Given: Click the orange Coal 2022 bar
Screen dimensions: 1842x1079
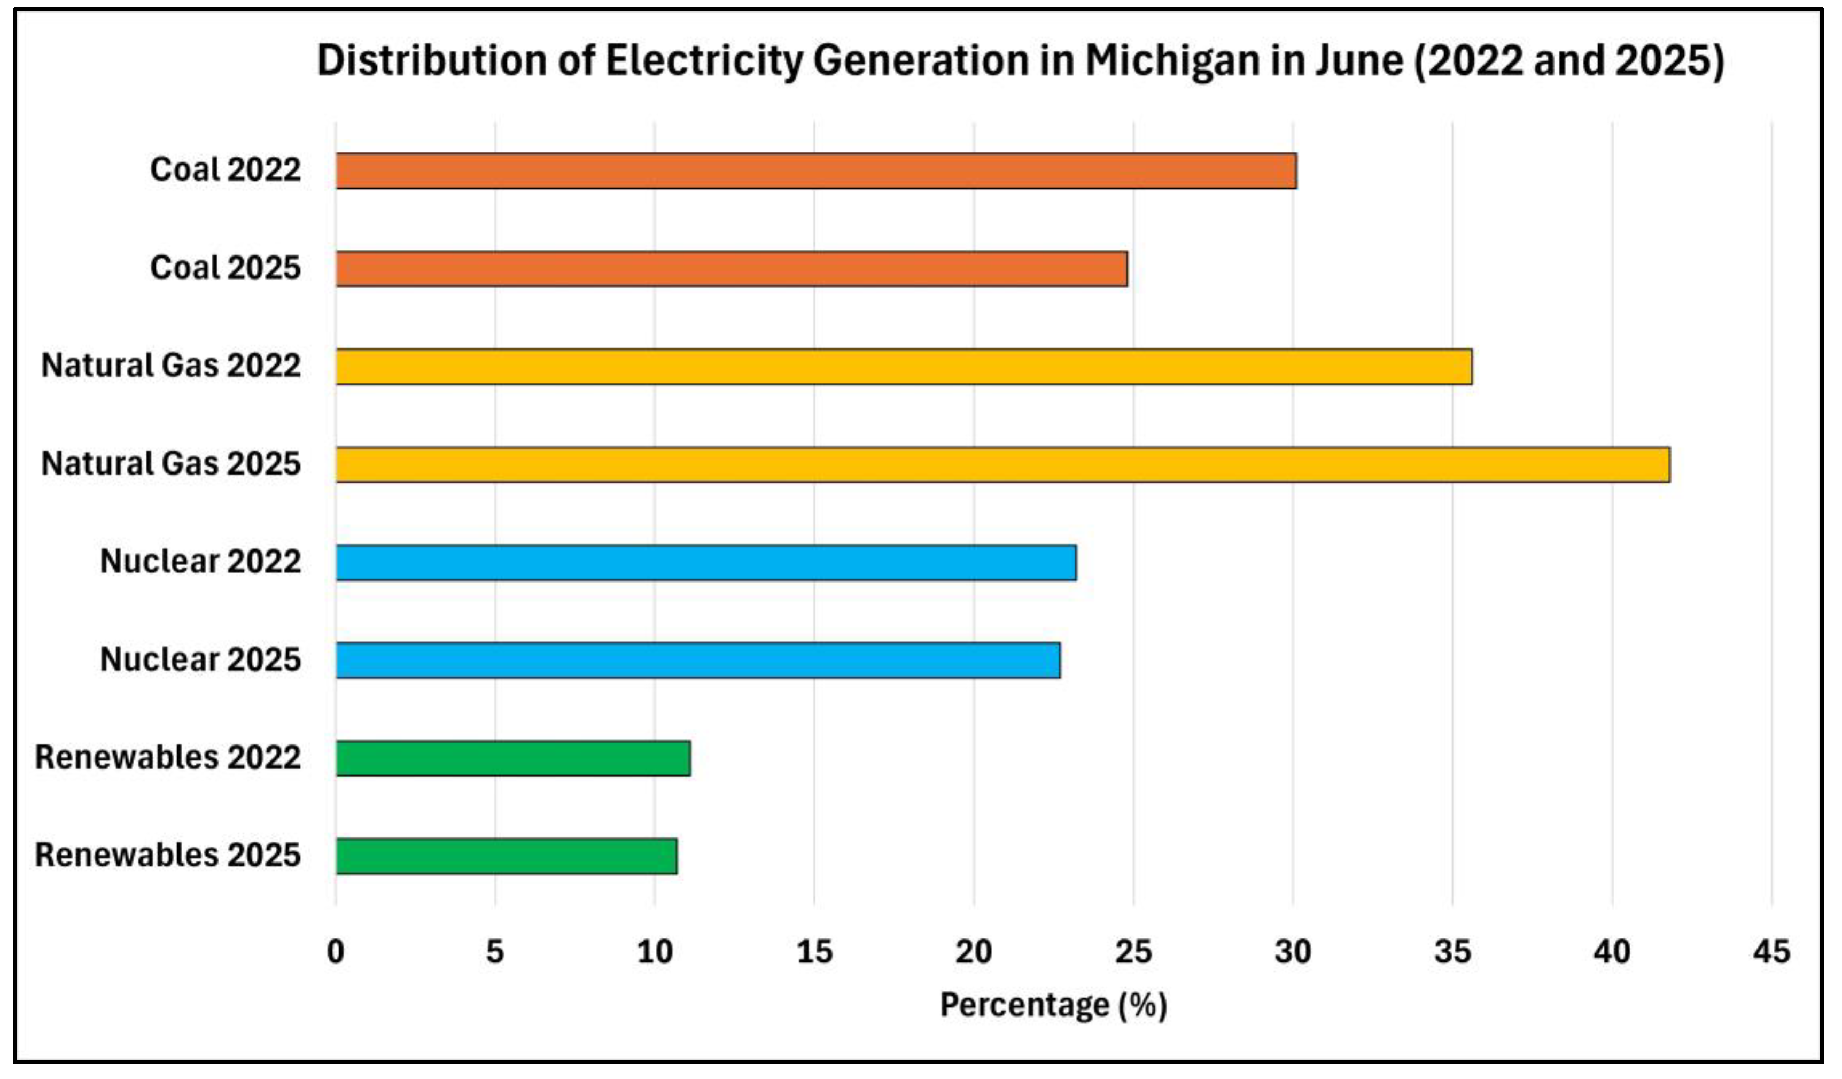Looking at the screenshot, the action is point(816,171).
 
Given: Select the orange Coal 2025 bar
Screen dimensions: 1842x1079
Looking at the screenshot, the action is point(732,269).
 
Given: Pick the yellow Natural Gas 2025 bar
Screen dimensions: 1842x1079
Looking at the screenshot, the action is point(1003,465).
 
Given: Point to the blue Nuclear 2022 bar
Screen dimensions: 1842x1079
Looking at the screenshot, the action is point(706,563).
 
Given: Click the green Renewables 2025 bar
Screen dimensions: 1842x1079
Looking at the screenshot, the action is point(507,857).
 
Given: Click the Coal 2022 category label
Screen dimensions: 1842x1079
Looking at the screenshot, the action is point(225,169).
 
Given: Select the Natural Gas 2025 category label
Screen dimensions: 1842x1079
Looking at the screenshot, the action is point(171,463).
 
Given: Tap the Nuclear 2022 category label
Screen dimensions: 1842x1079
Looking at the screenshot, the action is point(200,562).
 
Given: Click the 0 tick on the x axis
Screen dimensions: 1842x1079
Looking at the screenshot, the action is point(336,952).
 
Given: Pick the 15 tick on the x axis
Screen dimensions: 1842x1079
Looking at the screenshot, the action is point(814,952).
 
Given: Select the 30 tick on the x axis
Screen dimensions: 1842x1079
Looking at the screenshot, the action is point(1293,952).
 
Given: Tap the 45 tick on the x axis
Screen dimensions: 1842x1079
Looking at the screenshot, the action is point(1772,952).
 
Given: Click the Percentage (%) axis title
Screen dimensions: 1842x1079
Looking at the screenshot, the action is point(1053,1006).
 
